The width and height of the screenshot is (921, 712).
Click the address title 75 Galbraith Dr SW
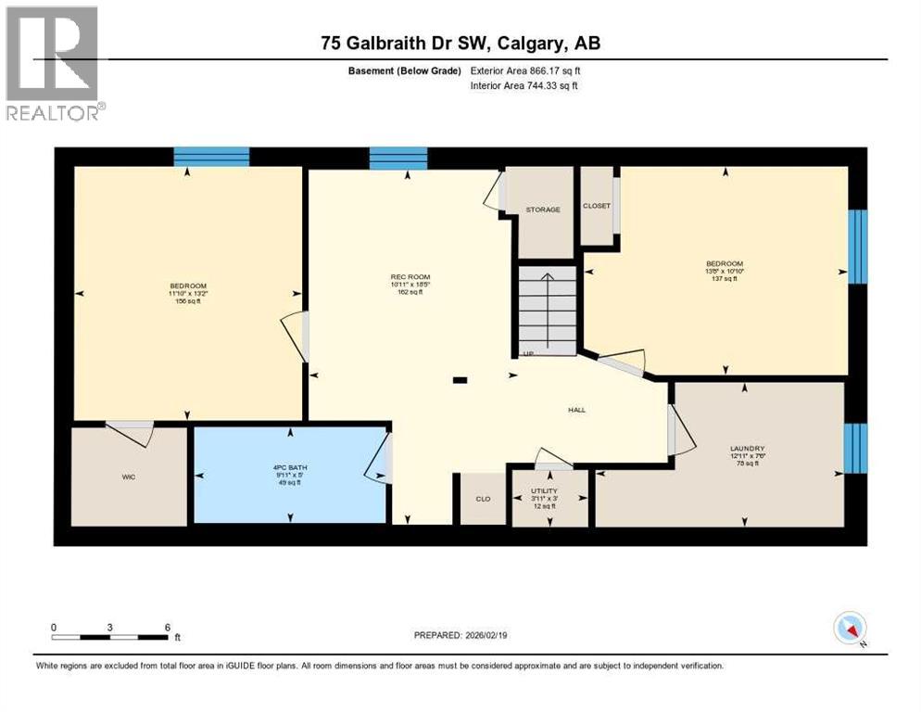click(x=460, y=44)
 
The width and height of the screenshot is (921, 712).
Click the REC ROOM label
click(x=410, y=277)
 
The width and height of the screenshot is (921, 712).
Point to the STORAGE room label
click(x=542, y=210)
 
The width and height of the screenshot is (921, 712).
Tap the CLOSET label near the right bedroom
click(x=597, y=206)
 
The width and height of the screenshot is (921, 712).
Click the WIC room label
click(x=128, y=478)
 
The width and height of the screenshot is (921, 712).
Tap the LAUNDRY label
click(x=747, y=448)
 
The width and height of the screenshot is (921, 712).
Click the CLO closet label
click(x=483, y=499)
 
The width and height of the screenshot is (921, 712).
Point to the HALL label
click(x=577, y=410)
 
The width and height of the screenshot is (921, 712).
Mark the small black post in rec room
click(x=460, y=379)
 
